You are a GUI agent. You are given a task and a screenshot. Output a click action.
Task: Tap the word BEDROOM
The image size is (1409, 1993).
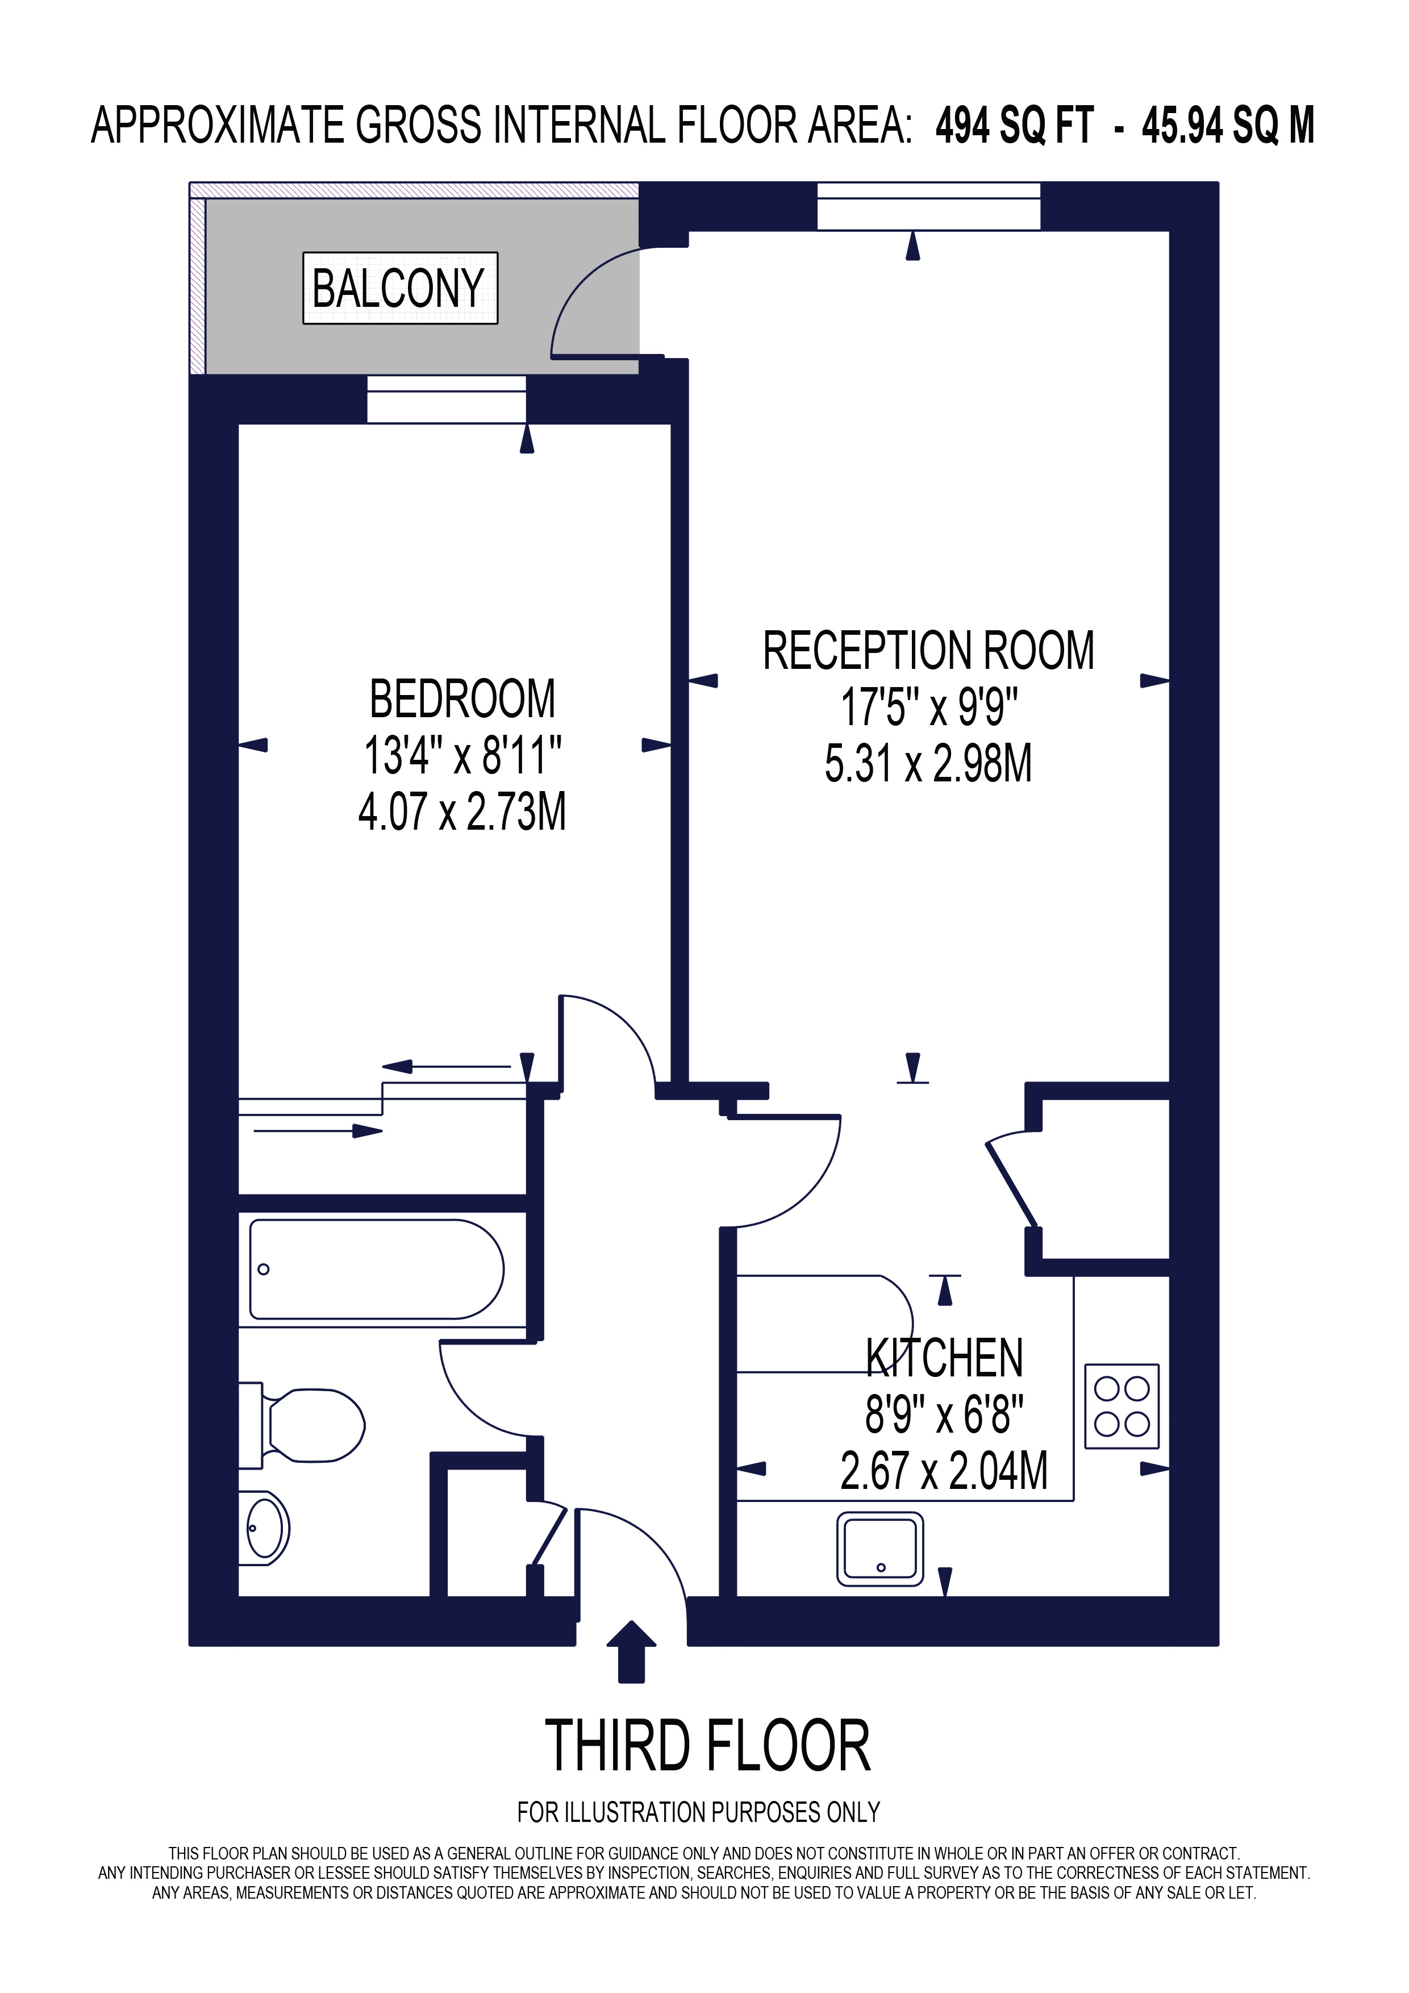click(x=462, y=700)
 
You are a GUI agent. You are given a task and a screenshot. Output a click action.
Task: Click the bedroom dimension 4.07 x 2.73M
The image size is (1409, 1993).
click(x=462, y=813)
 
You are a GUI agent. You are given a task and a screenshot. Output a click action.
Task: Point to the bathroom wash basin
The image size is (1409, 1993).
click(x=265, y=1528)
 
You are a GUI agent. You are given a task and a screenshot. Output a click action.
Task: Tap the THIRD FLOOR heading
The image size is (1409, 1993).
click(x=707, y=1746)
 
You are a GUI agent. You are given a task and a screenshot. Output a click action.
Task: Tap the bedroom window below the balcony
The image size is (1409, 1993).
click(x=446, y=400)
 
